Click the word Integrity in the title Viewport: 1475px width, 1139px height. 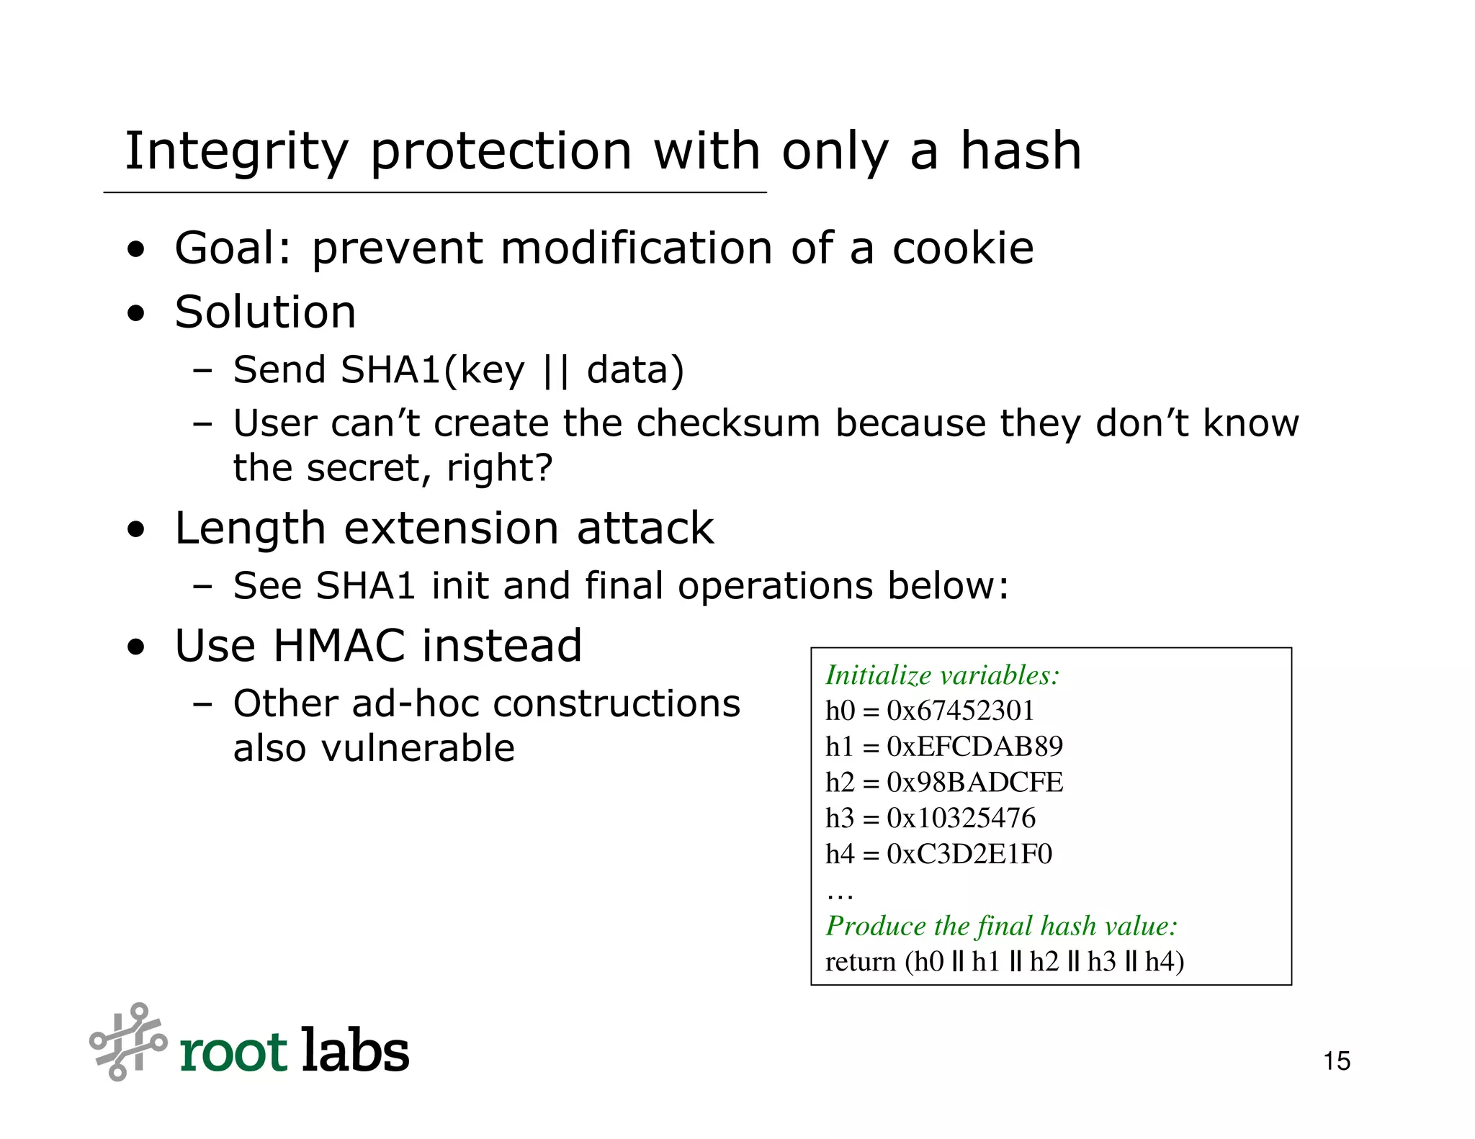click(236, 153)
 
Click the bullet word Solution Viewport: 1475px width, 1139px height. click(265, 312)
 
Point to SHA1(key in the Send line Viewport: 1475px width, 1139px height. click(433, 371)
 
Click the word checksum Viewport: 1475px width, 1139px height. click(728, 423)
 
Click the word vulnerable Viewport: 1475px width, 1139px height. click(418, 749)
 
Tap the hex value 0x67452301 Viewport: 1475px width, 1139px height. click(960, 711)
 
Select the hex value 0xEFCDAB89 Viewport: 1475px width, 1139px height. click(974, 747)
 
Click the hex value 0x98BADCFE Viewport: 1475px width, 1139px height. click(974, 783)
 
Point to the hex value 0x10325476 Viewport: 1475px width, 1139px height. click(961, 819)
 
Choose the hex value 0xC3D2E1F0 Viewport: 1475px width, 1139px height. click(969, 855)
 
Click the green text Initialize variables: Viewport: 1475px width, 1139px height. click(942, 675)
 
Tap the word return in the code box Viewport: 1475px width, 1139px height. click(860, 962)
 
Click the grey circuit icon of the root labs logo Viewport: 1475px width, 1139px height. click(128, 1042)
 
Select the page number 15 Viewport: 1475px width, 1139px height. click(1337, 1061)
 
